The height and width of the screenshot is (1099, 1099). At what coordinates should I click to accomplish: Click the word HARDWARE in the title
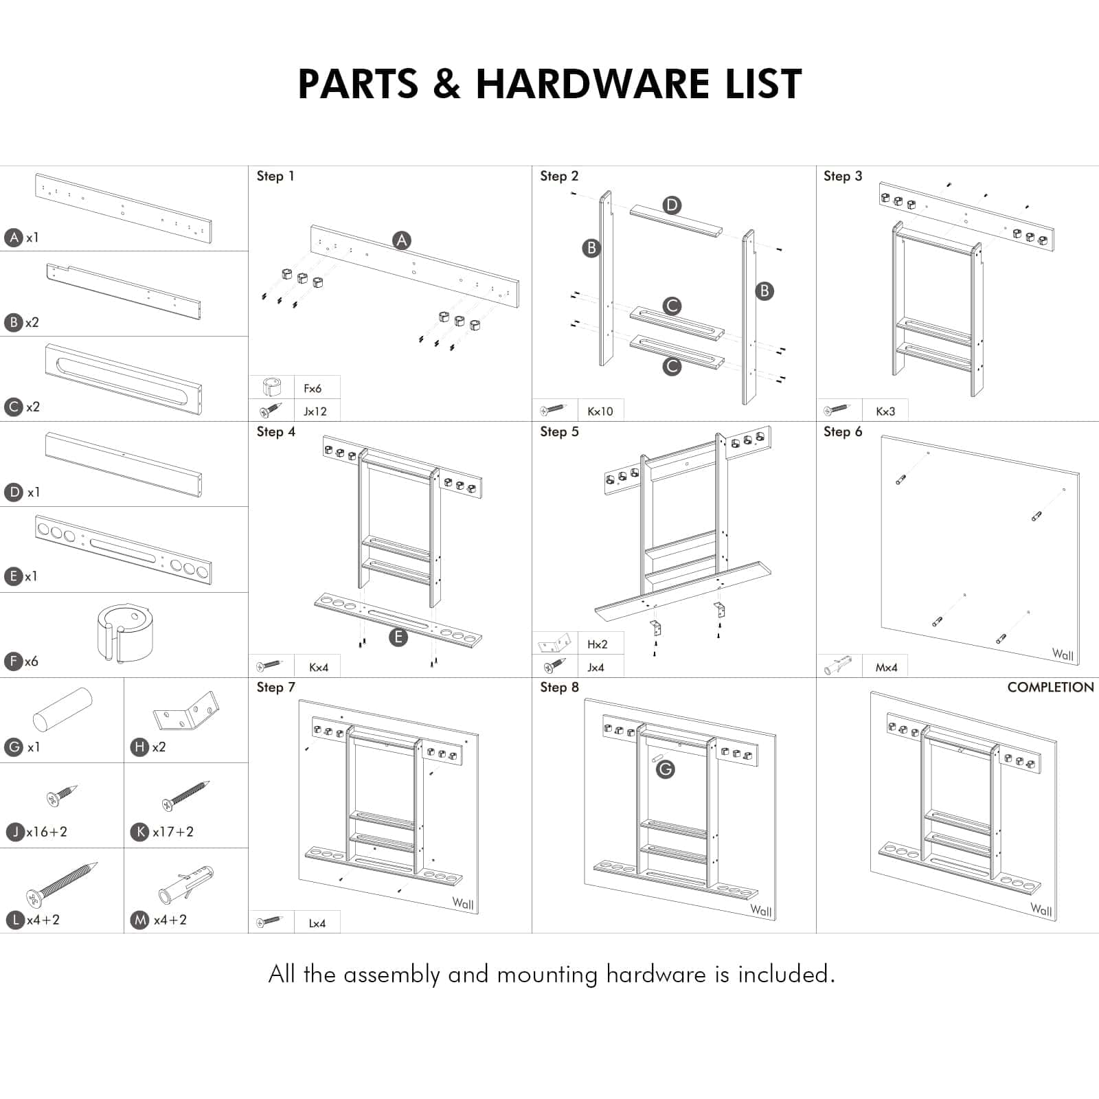pos(592,84)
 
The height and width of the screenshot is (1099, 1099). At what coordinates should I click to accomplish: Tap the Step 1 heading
pos(275,177)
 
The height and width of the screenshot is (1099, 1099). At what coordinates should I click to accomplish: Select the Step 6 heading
pos(843,432)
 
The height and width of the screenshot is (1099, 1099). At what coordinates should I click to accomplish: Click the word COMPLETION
pos(1050,688)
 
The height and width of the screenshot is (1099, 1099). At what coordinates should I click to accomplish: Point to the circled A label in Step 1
pos(402,240)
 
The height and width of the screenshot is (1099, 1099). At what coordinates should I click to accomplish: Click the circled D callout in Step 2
pos(672,205)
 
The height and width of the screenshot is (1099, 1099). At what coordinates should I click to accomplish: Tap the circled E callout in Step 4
pos(398,637)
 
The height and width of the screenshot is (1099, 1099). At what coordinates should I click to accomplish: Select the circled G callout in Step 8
pos(665,769)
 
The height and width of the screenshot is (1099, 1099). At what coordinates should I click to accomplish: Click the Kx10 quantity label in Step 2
pos(600,411)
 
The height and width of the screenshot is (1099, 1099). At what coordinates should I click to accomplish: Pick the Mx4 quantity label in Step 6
pos(886,668)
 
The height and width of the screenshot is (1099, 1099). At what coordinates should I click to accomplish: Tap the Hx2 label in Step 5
pos(597,644)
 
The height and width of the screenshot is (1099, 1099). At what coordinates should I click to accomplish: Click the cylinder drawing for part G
pos(62,710)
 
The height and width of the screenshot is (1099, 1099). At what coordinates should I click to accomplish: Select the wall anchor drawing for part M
pos(185,885)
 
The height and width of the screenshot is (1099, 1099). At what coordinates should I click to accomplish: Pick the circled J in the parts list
pos(15,832)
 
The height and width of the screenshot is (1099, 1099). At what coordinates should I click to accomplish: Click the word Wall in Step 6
pos(1063,655)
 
